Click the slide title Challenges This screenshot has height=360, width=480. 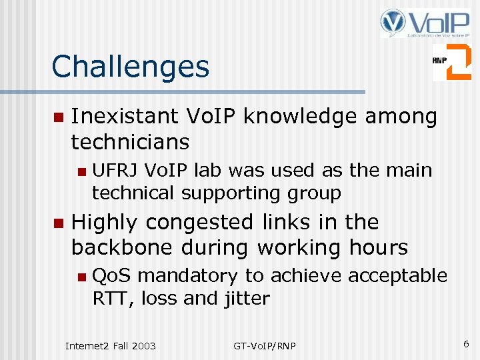pyautogui.click(x=130, y=67)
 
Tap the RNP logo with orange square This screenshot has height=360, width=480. pyautogui.click(x=451, y=62)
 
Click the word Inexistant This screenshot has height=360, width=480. pyautogui.click(x=124, y=117)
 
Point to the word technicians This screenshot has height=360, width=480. pyautogui.click(x=130, y=142)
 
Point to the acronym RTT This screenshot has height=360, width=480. pyautogui.click(x=111, y=298)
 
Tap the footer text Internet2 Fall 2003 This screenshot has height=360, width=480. pyautogui.click(x=110, y=345)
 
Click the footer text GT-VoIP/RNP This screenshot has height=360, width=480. pyautogui.click(x=265, y=345)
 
